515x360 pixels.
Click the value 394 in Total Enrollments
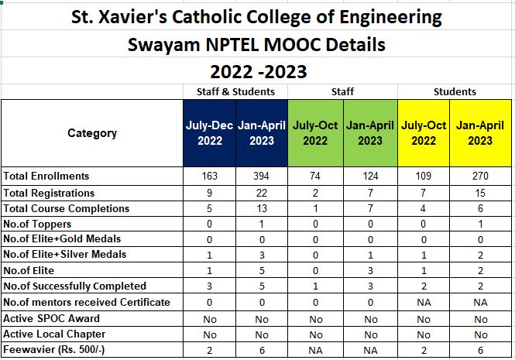coord(261,176)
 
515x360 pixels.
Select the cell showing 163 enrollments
coord(210,176)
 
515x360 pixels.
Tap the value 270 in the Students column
coord(480,176)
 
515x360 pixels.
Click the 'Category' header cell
coord(92,133)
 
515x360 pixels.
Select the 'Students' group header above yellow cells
coord(455,91)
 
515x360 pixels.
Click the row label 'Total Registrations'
coord(49,193)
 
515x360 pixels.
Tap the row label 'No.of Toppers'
coord(36,224)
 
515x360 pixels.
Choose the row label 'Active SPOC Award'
coord(51,318)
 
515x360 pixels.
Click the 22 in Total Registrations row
coord(261,193)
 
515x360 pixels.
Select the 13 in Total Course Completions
coord(261,208)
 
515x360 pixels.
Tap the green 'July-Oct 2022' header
coord(315,133)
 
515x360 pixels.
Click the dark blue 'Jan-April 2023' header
coord(261,133)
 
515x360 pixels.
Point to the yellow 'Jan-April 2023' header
coord(480,133)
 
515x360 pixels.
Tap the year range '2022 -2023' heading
coord(259,72)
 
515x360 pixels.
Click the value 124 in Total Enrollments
coord(370,176)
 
